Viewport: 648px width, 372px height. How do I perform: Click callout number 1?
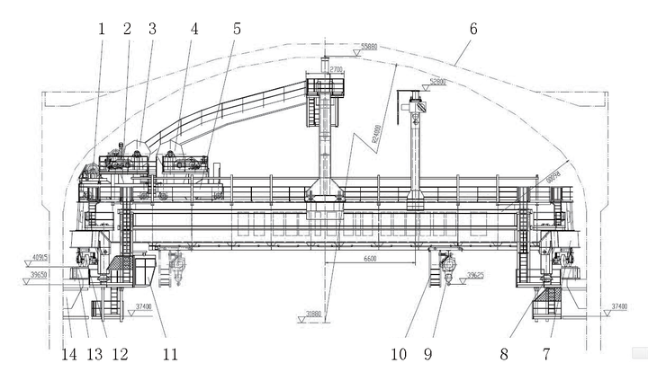pyautogui.click(x=101, y=28)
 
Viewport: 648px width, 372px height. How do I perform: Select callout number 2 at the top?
pyautogui.click(x=127, y=28)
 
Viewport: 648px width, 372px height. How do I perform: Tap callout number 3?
pyautogui.click(x=152, y=28)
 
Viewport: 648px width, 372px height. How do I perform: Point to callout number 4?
pyautogui.click(x=193, y=28)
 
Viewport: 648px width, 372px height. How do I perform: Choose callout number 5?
pyautogui.click(x=237, y=28)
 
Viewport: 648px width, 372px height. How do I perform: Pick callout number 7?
pyautogui.click(x=552, y=353)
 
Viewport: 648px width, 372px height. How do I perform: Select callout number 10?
pyautogui.click(x=400, y=353)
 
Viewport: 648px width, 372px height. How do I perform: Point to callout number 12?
pyautogui.click(x=120, y=353)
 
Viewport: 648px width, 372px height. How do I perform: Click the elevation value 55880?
pyautogui.click(x=369, y=46)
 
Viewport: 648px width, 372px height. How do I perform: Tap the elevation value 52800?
pyautogui.click(x=438, y=81)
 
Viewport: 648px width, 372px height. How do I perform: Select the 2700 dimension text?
pyautogui.click(x=337, y=68)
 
